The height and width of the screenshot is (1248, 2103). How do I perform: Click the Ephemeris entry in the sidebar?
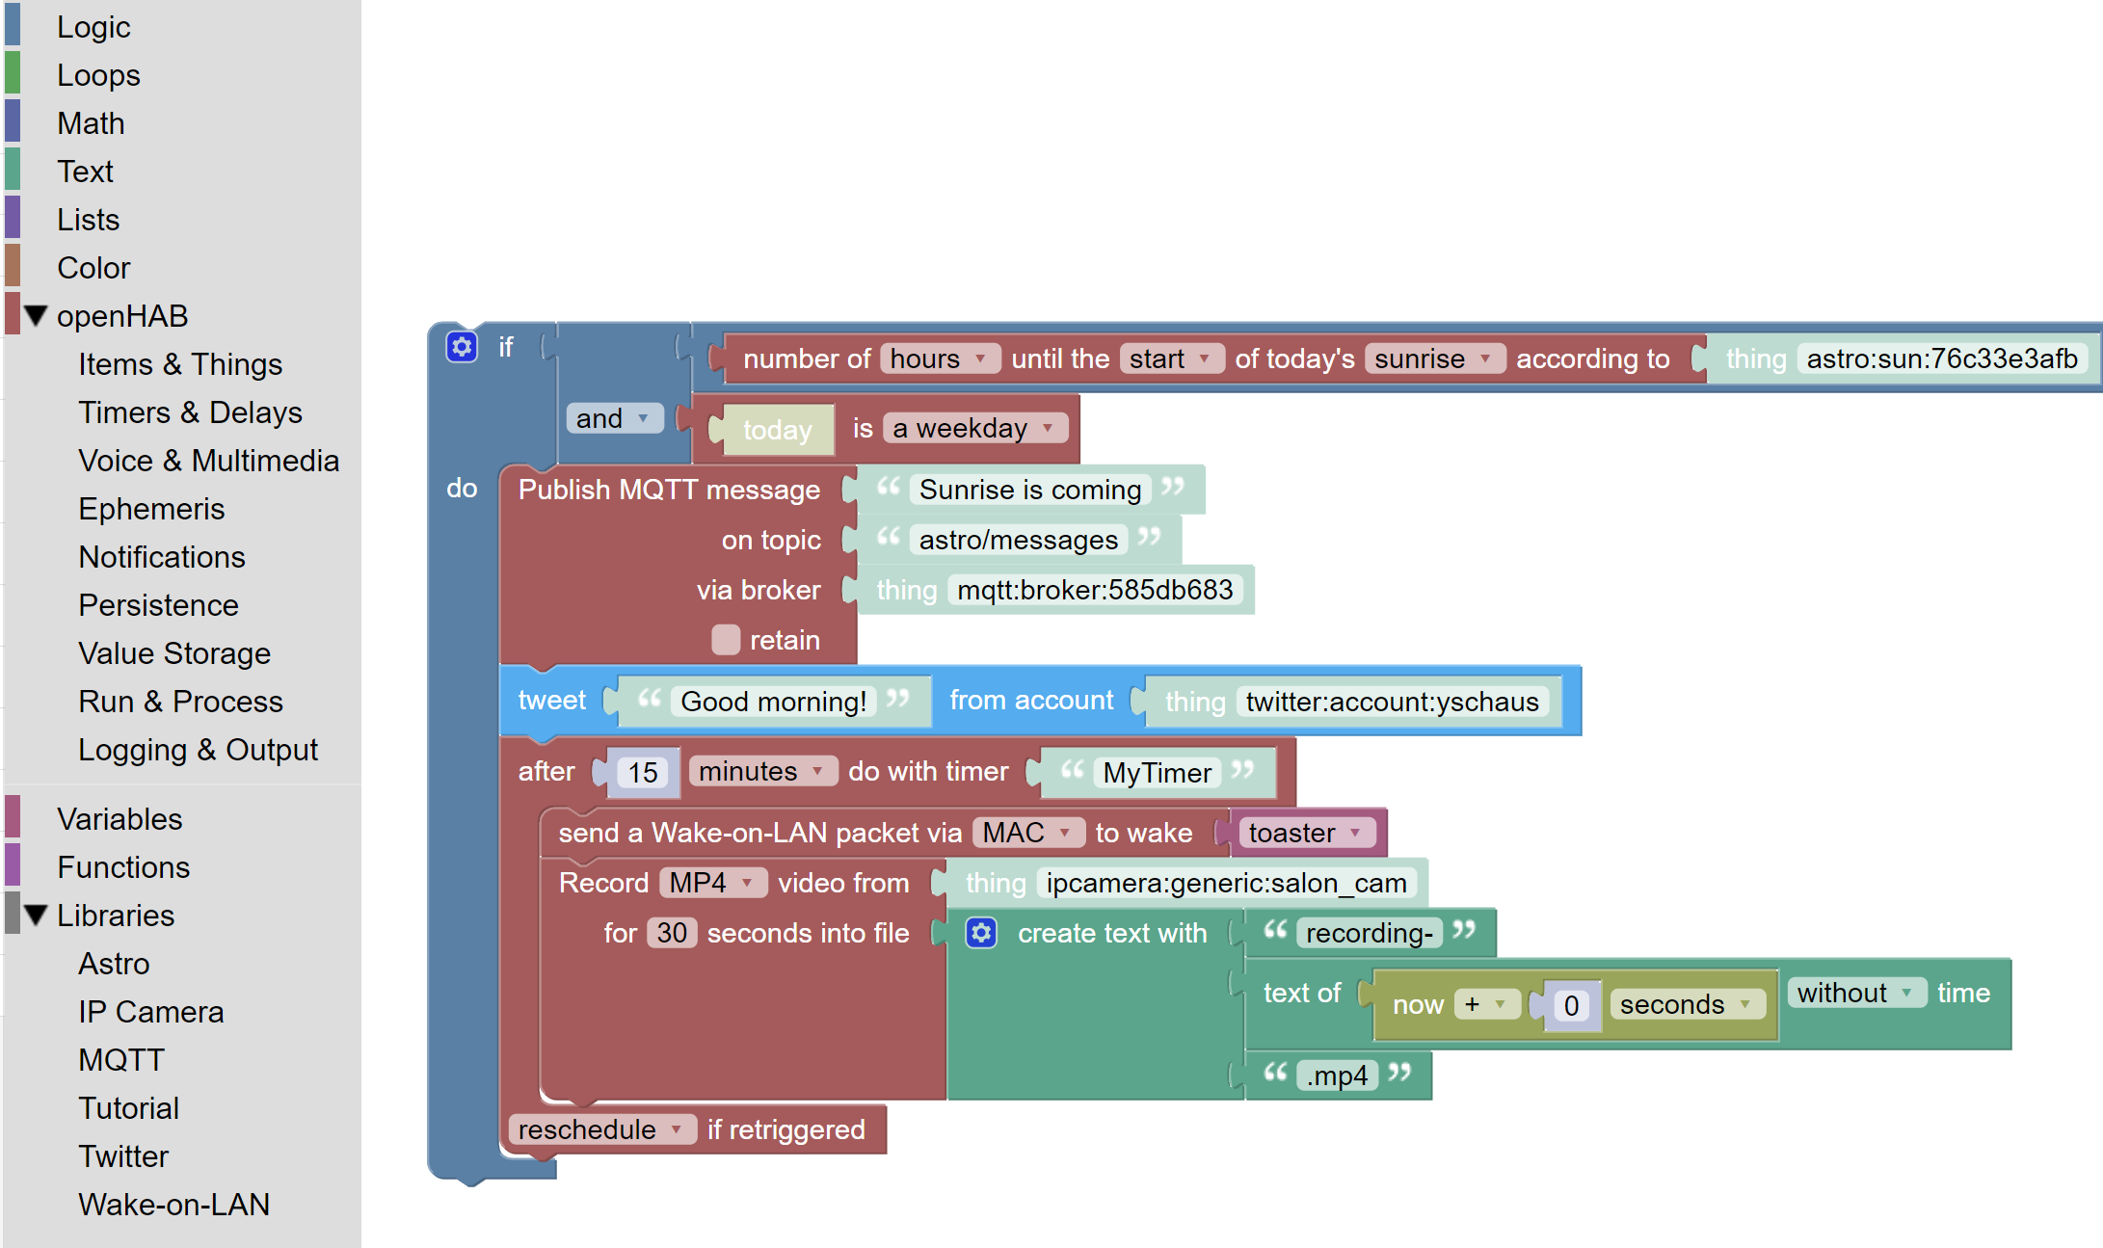click(x=151, y=509)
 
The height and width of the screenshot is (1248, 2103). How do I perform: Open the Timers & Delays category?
click(x=190, y=412)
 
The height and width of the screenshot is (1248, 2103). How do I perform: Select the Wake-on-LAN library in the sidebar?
click(x=173, y=1205)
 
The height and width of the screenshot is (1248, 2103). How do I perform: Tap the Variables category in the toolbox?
click(x=120, y=819)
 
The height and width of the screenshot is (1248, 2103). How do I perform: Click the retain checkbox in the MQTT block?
click(x=726, y=640)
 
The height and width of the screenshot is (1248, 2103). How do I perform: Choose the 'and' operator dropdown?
click(x=613, y=418)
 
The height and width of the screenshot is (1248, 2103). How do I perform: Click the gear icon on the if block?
click(x=462, y=347)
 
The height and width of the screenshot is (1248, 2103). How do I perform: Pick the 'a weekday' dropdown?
click(x=973, y=428)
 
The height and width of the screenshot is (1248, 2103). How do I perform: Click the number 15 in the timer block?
click(x=643, y=772)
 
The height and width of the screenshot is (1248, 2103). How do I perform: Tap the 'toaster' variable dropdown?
click(x=1304, y=833)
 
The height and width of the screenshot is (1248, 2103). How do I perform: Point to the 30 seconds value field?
click(x=672, y=933)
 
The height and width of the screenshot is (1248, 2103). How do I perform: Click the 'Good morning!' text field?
click(x=773, y=702)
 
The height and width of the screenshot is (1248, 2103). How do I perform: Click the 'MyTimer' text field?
click(x=1157, y=773)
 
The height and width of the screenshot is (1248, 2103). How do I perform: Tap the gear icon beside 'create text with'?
click(x=981, y=933)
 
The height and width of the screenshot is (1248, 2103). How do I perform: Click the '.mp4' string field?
click(x=1337, y=1075)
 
